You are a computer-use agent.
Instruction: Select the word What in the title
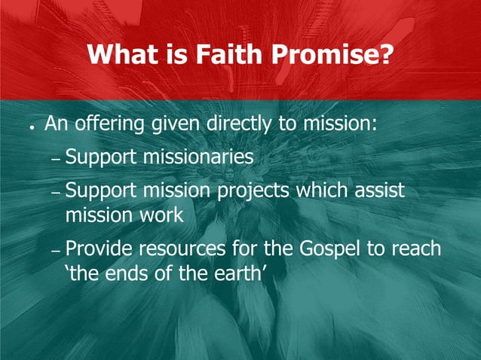point(121,53)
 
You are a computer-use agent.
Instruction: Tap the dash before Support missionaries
point(56,161)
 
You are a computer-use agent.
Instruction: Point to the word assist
point(378,191)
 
